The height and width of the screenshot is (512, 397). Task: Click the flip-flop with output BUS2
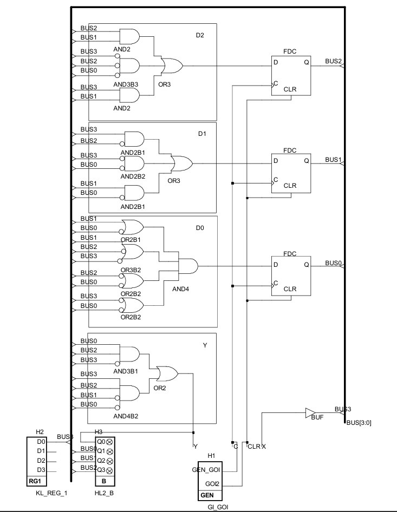[x=291, y=76]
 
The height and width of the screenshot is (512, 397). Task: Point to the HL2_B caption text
[x=106, y=494]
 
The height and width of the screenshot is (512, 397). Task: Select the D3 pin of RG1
[x=40, y=469]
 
